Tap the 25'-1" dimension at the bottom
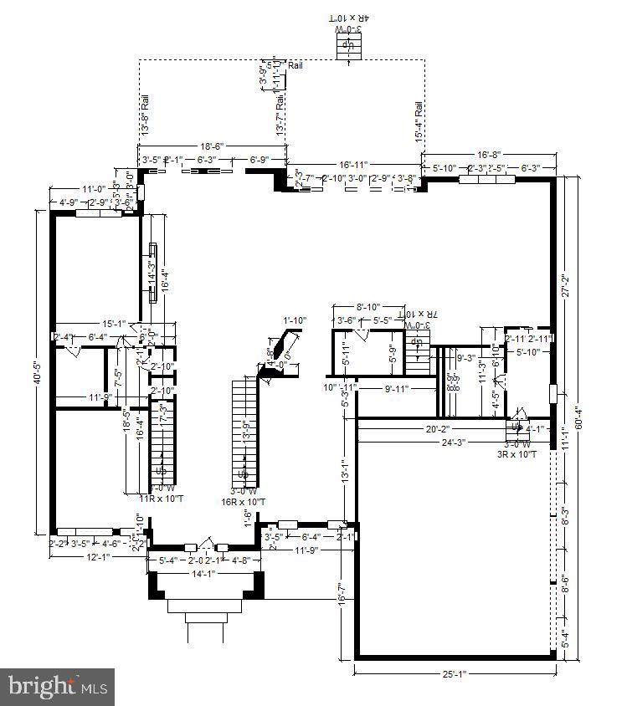455,674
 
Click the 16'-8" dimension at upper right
489,155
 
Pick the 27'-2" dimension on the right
565,287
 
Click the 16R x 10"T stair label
244,502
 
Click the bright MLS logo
57,688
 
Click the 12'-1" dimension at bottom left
99,555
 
